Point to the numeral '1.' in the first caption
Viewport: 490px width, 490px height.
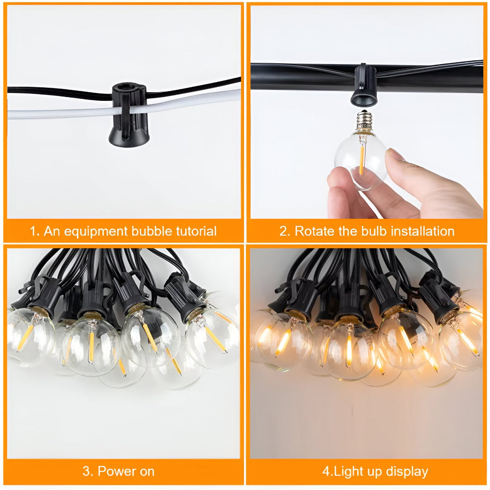pos(35,231)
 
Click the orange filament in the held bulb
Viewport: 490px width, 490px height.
pos(362,159)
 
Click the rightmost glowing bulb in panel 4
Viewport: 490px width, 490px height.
pos(463,338)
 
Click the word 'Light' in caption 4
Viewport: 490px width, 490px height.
pos(349,471)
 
